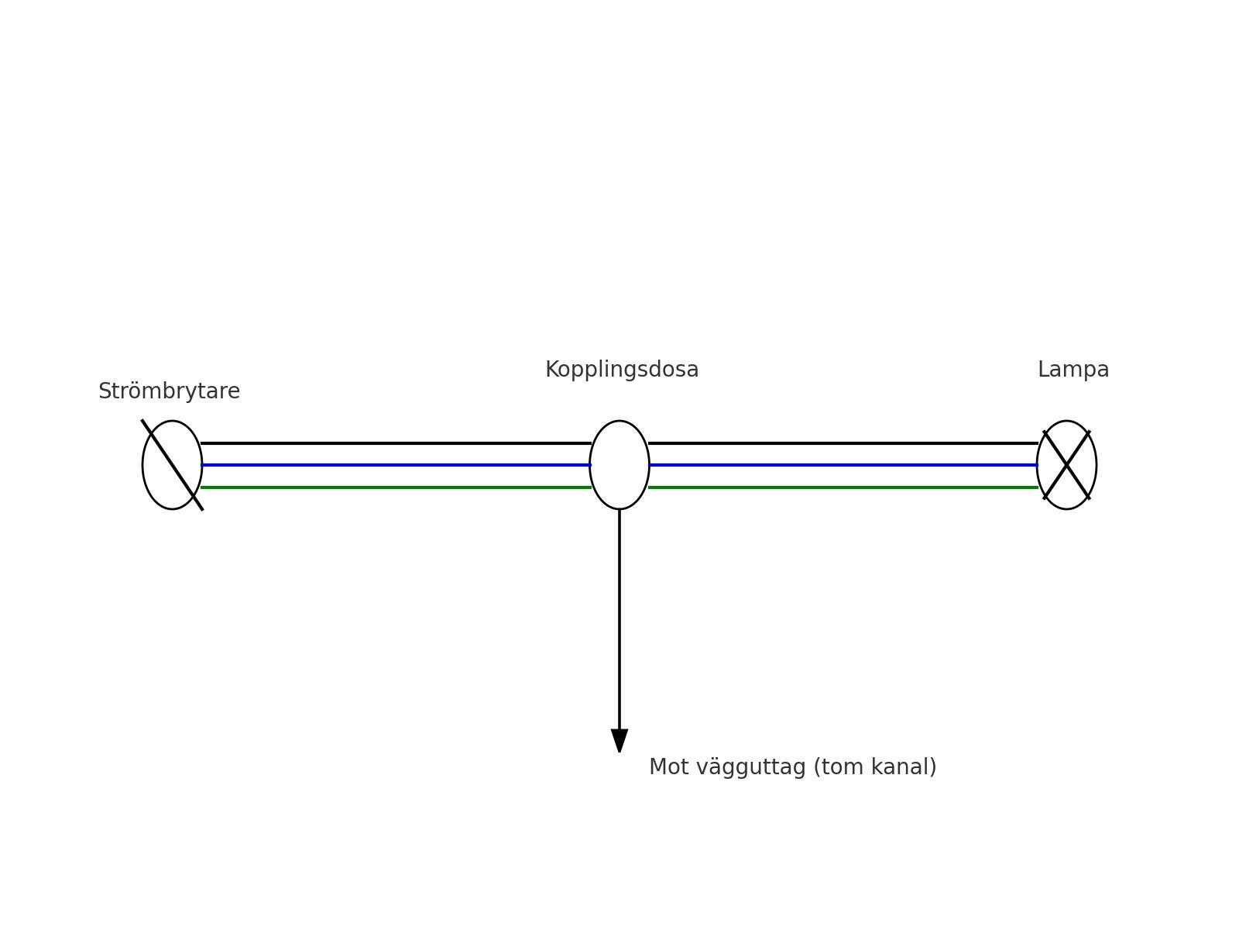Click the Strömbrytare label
pyautogui.click(x=169, y=391)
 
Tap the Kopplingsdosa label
pyautogui.click(x=622, y=370)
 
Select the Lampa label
pyautogui.click(x=1073, y=370)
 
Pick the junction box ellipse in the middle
pyautogui.click(x=619, y=465)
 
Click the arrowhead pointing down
pyautogui.click(x=619, y=739)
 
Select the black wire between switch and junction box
pyautogui.click(x=395, y=443)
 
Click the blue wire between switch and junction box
pyautogui.click(x=395, y=465)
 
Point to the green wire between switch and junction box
pyautogui.click(x=395, y=487)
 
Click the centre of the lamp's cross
pyautogui.click(x=1066, y=465)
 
